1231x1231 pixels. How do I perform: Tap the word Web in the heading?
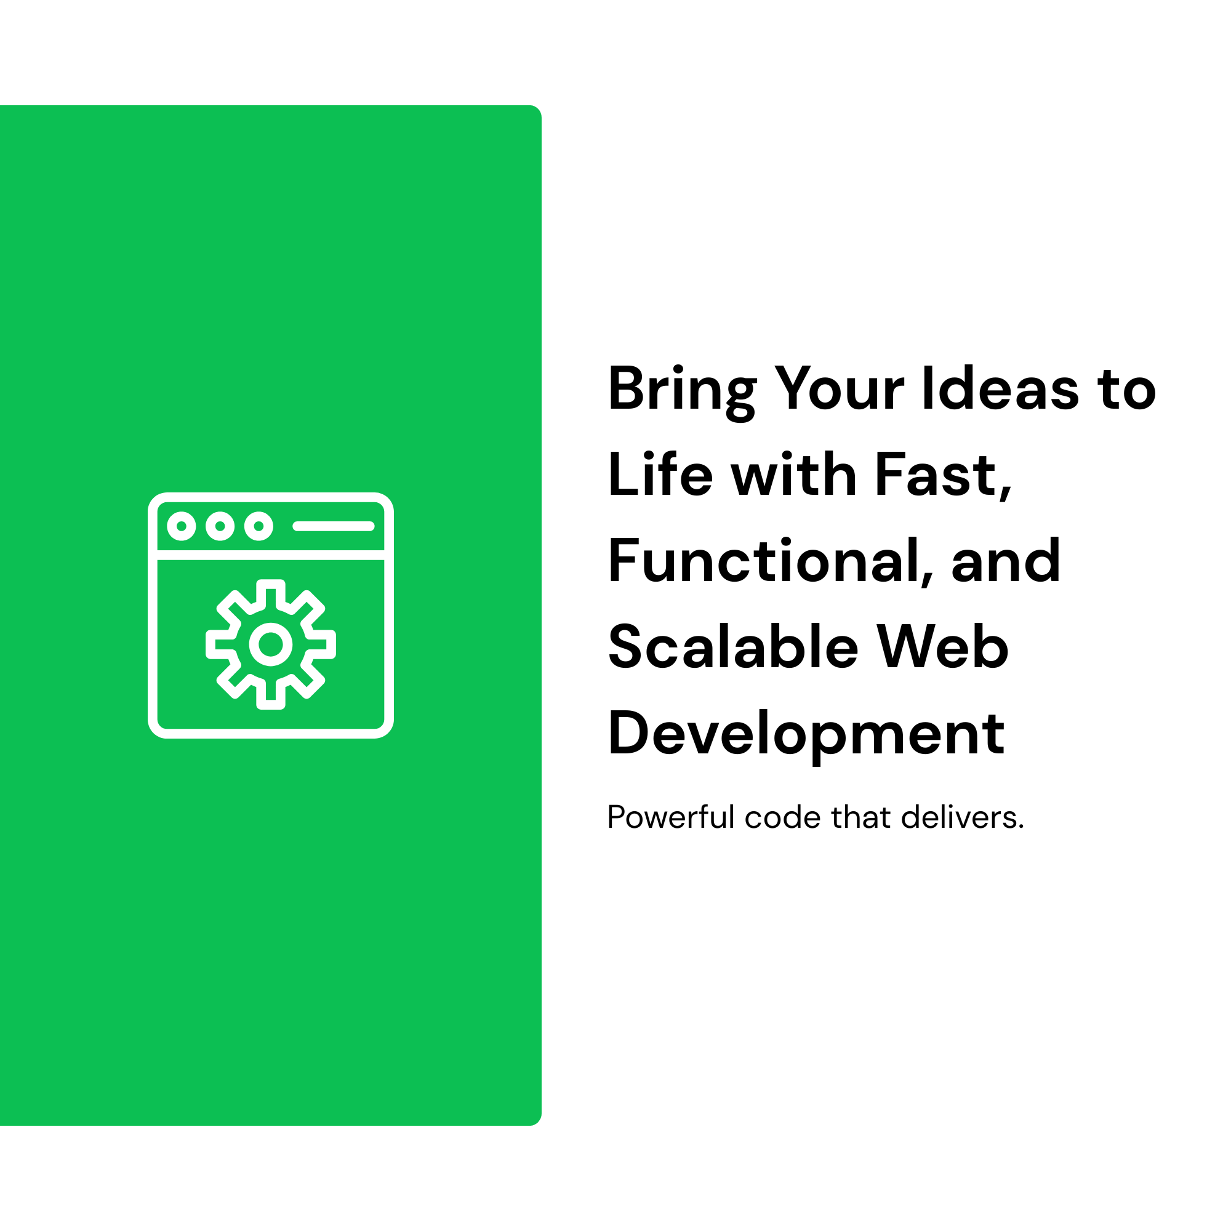pyautogui.click(x=942, y=647)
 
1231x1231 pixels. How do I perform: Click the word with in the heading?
pyautogui.click(x=794, y=474)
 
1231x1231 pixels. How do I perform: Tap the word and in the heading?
pyautogui.click(x=1006, y=561)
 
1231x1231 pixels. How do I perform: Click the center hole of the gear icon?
pyautogui.click(x=271, y=644)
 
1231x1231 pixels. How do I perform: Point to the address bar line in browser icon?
pyautogui.click(x=334, y=526)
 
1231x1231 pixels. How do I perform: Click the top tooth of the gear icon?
pyautogui.click(x=271, y=583)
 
